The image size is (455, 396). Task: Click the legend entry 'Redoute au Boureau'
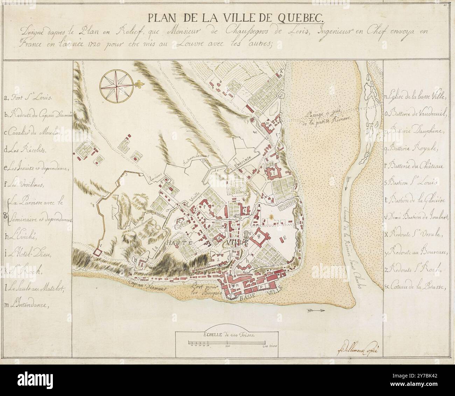pos(416,253)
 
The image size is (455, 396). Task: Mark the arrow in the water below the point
pos(317,310)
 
